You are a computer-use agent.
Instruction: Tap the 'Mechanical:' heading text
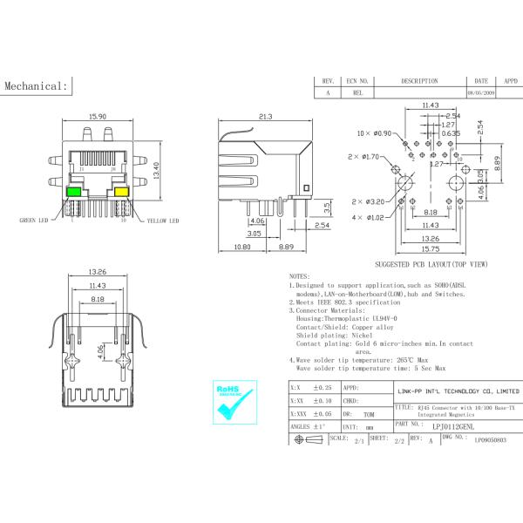[37, 86]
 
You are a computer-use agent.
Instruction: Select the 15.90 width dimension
[97, 117]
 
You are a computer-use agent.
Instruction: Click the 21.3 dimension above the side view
[267, 117]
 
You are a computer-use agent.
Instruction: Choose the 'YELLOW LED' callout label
[162, 221]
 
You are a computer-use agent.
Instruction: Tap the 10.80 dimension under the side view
[242, 248]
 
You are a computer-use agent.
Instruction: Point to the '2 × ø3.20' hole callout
[369, 200]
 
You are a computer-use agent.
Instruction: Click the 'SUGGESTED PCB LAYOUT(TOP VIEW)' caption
[431, 263]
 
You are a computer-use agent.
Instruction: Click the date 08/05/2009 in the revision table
[481, 92]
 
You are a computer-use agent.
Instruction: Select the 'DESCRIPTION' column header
[419, 80]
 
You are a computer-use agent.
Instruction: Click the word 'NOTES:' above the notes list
[300, 275]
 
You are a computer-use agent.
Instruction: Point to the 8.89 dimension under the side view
[285, 248]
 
